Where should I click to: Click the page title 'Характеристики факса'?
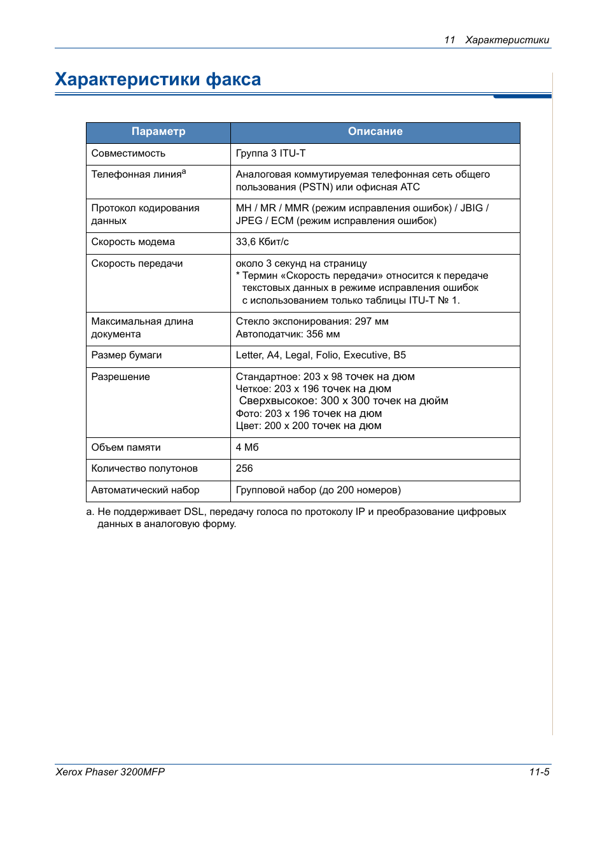tap(158, 80)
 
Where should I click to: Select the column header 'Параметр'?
tap(158, 132)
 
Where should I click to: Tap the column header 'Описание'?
tap(375, 132)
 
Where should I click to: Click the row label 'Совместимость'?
tap(129, 153)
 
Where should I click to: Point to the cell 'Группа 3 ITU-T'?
tap(270, 153)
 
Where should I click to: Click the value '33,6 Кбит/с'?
tap(262, 242)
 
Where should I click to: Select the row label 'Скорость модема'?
tap(133, 242)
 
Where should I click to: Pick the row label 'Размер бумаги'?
tap(127, 355)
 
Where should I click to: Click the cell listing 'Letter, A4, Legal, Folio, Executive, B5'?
tap(321, 355)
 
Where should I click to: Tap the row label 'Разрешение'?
tap(121, 377)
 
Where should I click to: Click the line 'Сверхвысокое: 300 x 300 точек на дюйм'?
tap(344, 401)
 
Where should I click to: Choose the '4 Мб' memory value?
tap(248, 448)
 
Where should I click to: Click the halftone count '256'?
tap(244, 469)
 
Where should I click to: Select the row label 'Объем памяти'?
tap(126, 448)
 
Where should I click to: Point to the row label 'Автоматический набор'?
tap(145, 490)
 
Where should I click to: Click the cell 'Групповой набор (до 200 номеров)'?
tap(318, 490)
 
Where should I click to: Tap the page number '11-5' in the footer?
tap(539, 772)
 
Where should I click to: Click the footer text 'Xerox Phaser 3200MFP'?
tap(110, 772)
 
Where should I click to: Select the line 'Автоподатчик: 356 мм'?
tap(288, 334)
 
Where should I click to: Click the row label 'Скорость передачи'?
tap(137, 264)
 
